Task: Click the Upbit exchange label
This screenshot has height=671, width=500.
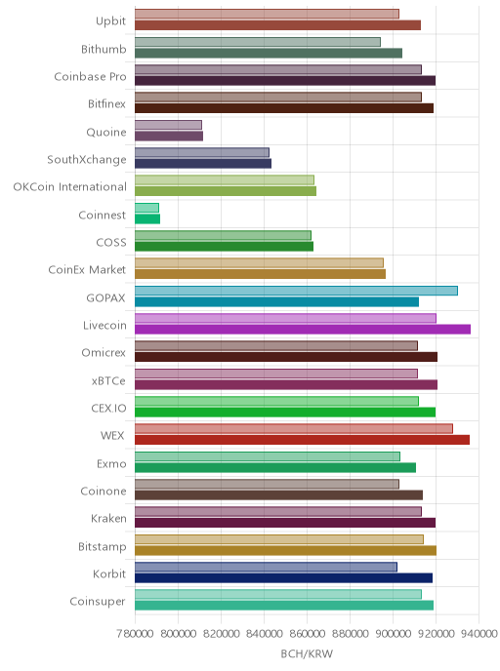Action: pyautogui.click(x=110, y=21)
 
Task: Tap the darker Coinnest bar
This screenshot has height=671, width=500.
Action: pyautogui.click(x=147, y=219)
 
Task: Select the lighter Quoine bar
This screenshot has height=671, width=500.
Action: pyautogui.click(x=168, y=125)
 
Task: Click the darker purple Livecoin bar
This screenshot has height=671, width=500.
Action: pyautogui.click(x=303, y=329)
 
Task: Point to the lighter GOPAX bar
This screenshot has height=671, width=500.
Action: pyautogui.click(x=296, y=291)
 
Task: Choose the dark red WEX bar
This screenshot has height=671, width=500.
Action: pyautogui.click(x=302, y=440)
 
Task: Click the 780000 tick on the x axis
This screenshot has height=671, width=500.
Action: pyautogui.click(x=135, y=633)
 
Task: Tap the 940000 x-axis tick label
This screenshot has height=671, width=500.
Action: pyautogui.click(x=479, y=633)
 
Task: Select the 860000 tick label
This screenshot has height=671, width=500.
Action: pyautogui.click(x=307, y=633)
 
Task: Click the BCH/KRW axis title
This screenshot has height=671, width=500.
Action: pyautogui.click(x=307, y=653)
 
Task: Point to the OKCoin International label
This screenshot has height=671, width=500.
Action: pyautogui.click(x=70, y=187)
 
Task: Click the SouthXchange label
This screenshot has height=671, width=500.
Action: pyautogui.click(x=87, y=160)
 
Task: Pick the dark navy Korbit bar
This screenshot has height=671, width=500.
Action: pyautogui.click(x=283, y=578)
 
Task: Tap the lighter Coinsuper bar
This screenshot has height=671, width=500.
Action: pyautogui.click(x=278, y=594)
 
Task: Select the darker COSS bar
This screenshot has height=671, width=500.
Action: pyautogui.click(x=224, y=247)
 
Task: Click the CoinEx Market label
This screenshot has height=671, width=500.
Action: pyautogui.click(x=87, y=270)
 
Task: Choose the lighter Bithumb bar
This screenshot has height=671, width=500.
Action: pyautogui.click(x=258, y=42)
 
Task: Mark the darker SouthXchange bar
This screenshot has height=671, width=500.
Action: pyautogui.click(x=203, y=164)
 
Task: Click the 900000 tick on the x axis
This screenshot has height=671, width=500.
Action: pyautogui.click(x=393, y=633)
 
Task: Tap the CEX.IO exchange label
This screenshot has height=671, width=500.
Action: pyautogui.click(x=108, y=409)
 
